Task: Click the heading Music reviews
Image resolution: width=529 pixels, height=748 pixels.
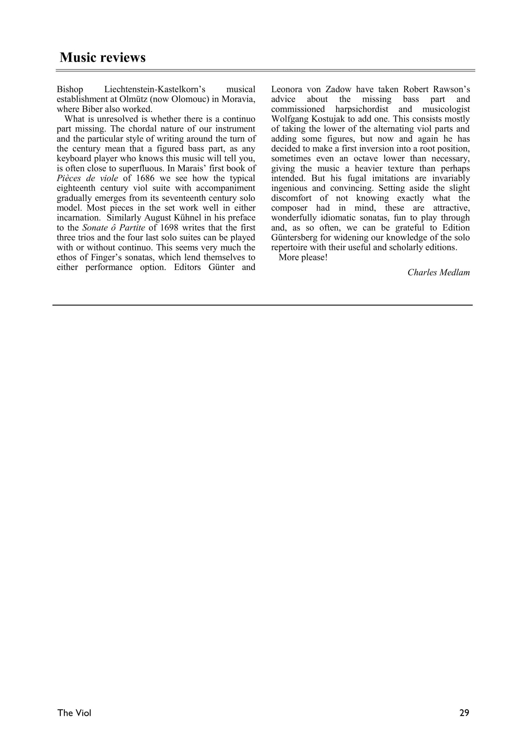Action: click(x=103, y=57)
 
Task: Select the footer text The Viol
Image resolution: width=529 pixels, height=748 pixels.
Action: click(x=74, y=713)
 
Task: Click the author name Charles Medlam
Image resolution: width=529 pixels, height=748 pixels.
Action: click(x=438, y=272)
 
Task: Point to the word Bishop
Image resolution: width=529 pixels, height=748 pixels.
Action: click(x=70, y=89)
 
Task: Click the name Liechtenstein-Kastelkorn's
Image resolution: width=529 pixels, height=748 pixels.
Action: click(x=155, y=89)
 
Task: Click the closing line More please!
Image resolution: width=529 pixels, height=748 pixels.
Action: click(x=303, y=257)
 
